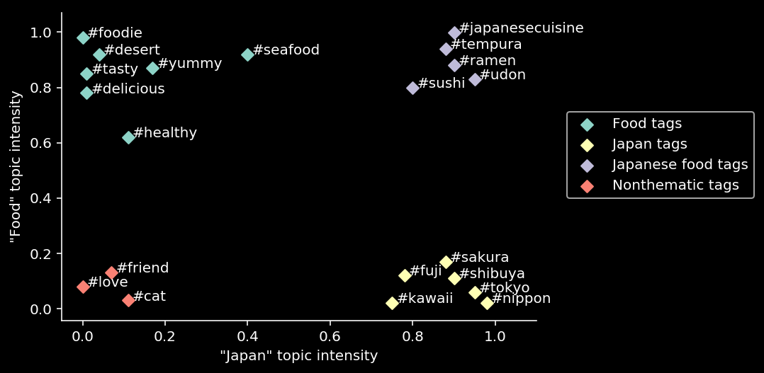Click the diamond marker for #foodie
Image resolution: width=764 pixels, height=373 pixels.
pos(83,38)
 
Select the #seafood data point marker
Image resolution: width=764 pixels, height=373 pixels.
pos(247,54)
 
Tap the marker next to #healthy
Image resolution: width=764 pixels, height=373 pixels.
pos(128,137)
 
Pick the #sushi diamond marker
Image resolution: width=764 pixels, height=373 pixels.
pos(412,88)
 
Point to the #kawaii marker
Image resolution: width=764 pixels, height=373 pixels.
pos(392,303)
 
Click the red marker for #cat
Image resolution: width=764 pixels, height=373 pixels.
pos(128,300)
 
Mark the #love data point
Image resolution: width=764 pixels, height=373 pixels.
pos(83,287)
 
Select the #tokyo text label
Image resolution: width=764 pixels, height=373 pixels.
pos(505,288)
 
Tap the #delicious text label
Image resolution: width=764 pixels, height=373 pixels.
pos(128,89)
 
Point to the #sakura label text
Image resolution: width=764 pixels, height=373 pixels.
pos(480,258)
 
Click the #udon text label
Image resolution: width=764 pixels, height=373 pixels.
pos(502,75)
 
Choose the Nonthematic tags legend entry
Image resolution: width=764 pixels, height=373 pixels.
pos(675,185)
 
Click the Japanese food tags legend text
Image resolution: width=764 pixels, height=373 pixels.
pos(680,165)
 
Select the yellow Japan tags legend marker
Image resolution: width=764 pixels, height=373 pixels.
pos(587,144)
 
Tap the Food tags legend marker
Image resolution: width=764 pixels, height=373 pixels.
pos(587,124)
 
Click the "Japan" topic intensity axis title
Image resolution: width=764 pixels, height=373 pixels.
pos(298,355)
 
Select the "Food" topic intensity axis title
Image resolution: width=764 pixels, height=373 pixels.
pos(16,166)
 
